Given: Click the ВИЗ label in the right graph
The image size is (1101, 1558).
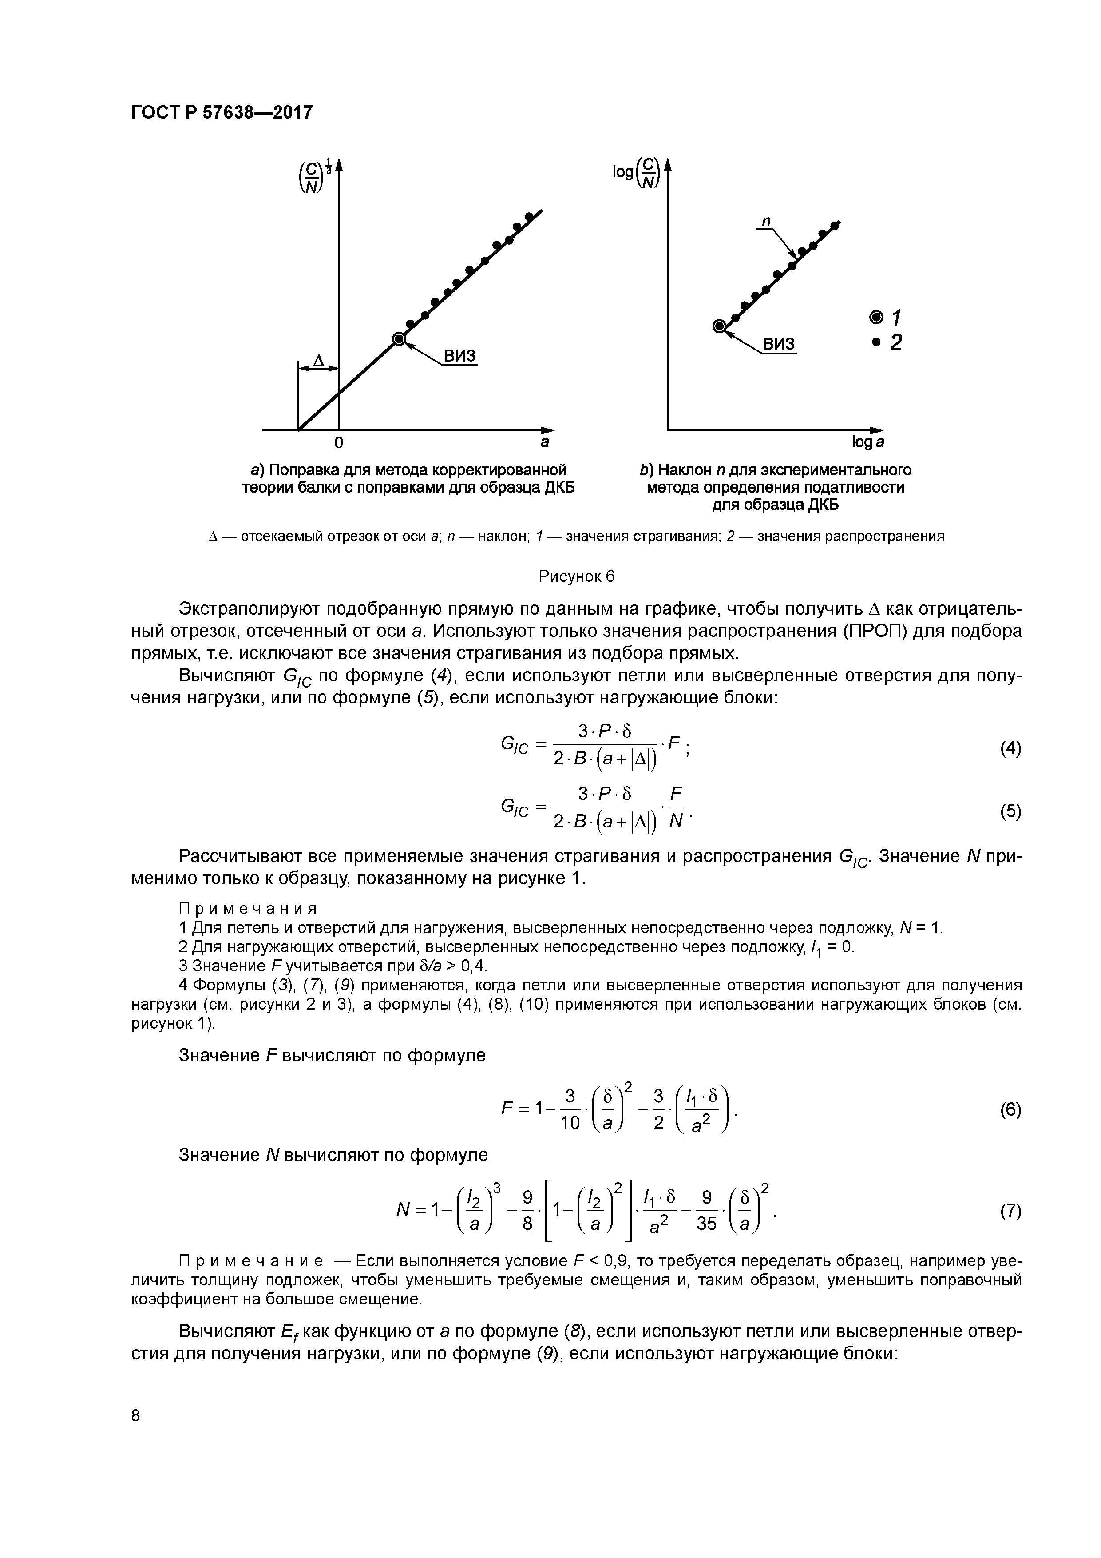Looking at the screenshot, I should [x=780, y=344].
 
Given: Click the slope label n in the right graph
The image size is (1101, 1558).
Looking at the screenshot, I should [x=767, y=221].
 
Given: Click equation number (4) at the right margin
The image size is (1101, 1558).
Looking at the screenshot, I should [x=1010, y=748].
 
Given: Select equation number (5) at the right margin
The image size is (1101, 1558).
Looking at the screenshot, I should [x=1010, y=811].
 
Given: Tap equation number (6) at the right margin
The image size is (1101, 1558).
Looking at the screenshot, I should [x=1010, y=1109].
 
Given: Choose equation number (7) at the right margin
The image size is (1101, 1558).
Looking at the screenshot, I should [x=1010, y=1211].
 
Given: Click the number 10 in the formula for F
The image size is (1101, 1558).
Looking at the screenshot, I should [x=570, y=1123].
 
